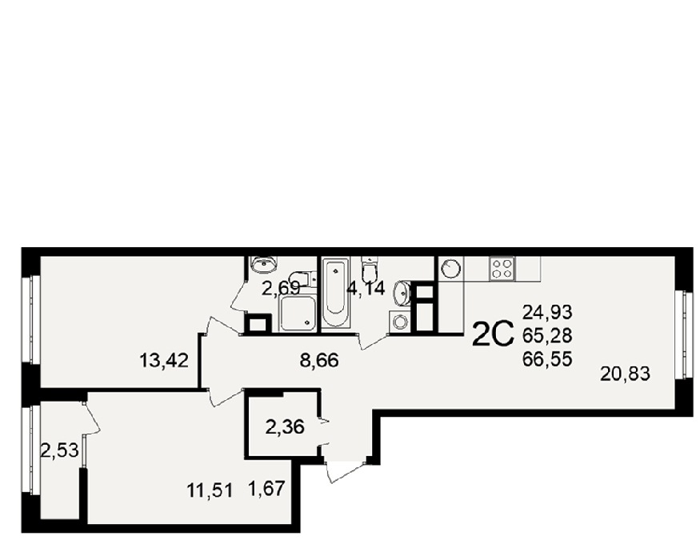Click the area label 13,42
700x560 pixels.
click(164, 360)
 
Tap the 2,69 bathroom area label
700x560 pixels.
click(281, 289)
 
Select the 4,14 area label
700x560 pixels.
click(366, 289)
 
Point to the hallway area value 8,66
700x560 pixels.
click(320, 360)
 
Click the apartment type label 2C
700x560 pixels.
click(493, 335)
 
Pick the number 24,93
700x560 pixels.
click(547, 313)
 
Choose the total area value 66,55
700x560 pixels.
click(547, 359)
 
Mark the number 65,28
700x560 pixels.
click(547, 336)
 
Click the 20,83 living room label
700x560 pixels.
click(625, 374)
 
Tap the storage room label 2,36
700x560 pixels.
click(285, 427)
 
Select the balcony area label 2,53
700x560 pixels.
click(60, 450)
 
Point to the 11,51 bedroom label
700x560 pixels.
click(210, 491)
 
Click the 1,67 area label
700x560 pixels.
click(266, 489)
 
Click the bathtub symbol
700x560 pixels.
click(335, 293)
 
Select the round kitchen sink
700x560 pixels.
click(450, 268)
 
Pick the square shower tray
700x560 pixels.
click(298, 314)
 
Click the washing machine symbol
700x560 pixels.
click(398, 322)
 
